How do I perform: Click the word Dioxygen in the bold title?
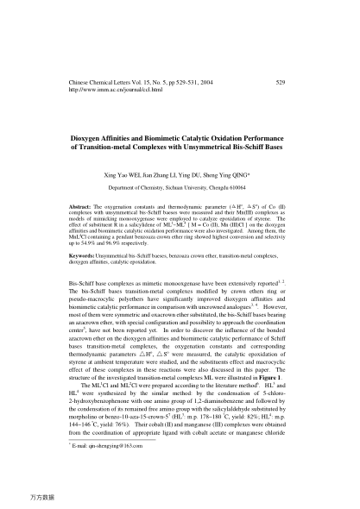[84, 138]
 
